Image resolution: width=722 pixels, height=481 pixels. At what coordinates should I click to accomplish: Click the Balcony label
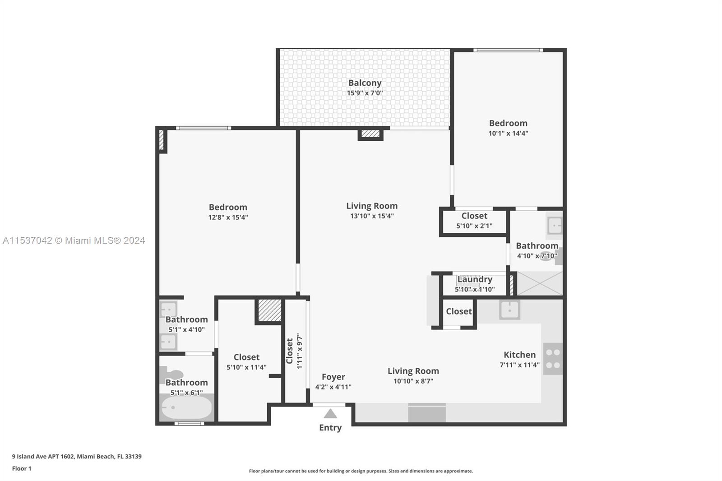point(365,83)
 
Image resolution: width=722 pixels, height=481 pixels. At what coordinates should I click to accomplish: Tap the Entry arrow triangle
point(330,414)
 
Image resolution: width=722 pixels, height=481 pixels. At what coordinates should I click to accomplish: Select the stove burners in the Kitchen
point(553,359)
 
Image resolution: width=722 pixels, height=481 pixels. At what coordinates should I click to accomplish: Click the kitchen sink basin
point(509,310)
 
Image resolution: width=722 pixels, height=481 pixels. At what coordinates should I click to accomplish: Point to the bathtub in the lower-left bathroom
point(187,407)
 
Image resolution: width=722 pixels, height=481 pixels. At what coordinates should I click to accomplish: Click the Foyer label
point(333,377)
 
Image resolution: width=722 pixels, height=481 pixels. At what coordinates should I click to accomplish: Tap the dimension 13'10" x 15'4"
point(372,216)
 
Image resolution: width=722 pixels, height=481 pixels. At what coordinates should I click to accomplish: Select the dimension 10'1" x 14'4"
point(508,133)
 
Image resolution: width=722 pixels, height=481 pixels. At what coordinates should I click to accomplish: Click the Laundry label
point(475,279)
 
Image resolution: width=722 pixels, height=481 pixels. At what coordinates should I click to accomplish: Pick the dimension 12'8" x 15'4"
point(228,217)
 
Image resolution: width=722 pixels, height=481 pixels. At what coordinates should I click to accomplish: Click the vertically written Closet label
point(289,351)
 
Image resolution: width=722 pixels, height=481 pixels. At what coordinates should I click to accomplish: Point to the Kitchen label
point(519,355)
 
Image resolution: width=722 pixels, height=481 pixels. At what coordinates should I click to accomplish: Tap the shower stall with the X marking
point(540,283)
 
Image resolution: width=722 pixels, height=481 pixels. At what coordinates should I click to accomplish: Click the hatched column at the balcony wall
point(370,134)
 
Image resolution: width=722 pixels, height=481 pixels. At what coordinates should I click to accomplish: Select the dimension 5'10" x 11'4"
point(246,367)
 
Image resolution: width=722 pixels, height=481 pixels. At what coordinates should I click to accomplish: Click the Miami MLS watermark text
point(74,240)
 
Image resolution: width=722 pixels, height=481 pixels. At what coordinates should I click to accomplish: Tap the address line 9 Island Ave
point(77,457)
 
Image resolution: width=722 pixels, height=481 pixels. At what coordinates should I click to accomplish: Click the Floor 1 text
point(22,468)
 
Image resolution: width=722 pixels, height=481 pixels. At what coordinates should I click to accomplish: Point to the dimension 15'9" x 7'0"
point(365,93)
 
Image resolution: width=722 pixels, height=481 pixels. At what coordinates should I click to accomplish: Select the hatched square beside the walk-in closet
point(270,310)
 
